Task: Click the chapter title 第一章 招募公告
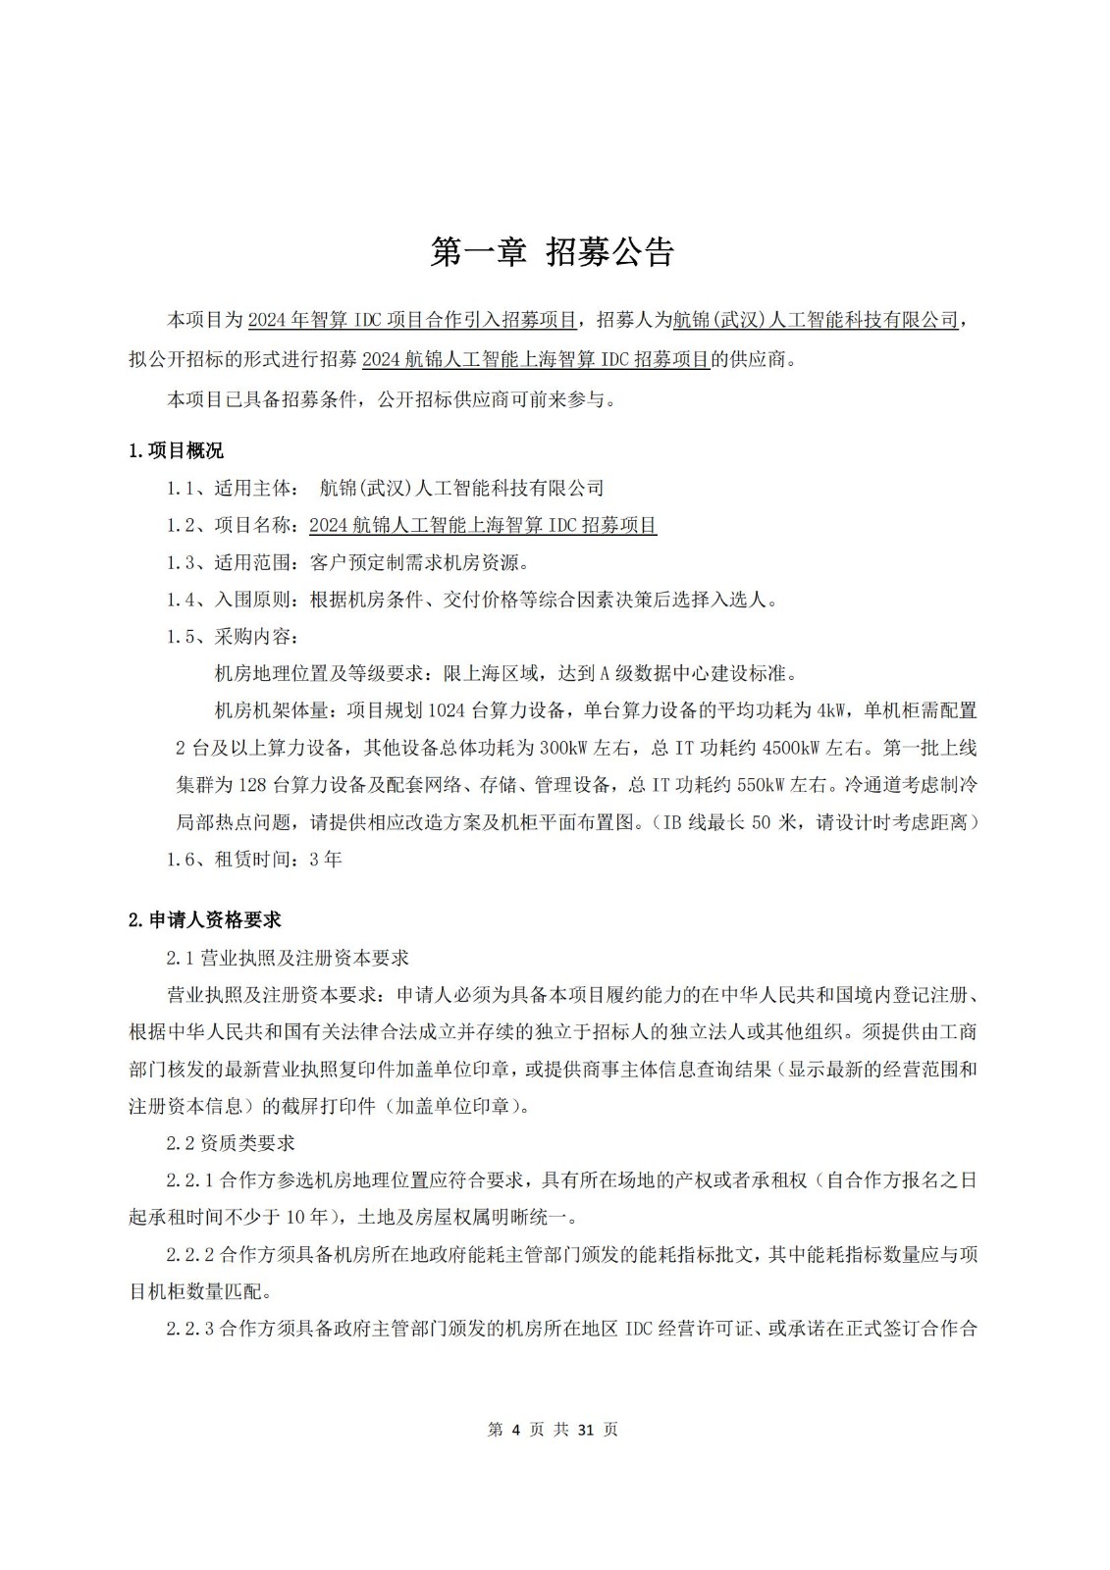point(553,252)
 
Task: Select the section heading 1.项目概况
point(176,450)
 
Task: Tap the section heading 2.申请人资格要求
point(205,919)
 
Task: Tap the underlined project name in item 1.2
point(483,525)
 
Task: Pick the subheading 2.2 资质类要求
point(231,1143)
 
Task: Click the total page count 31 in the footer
point(587,1430)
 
